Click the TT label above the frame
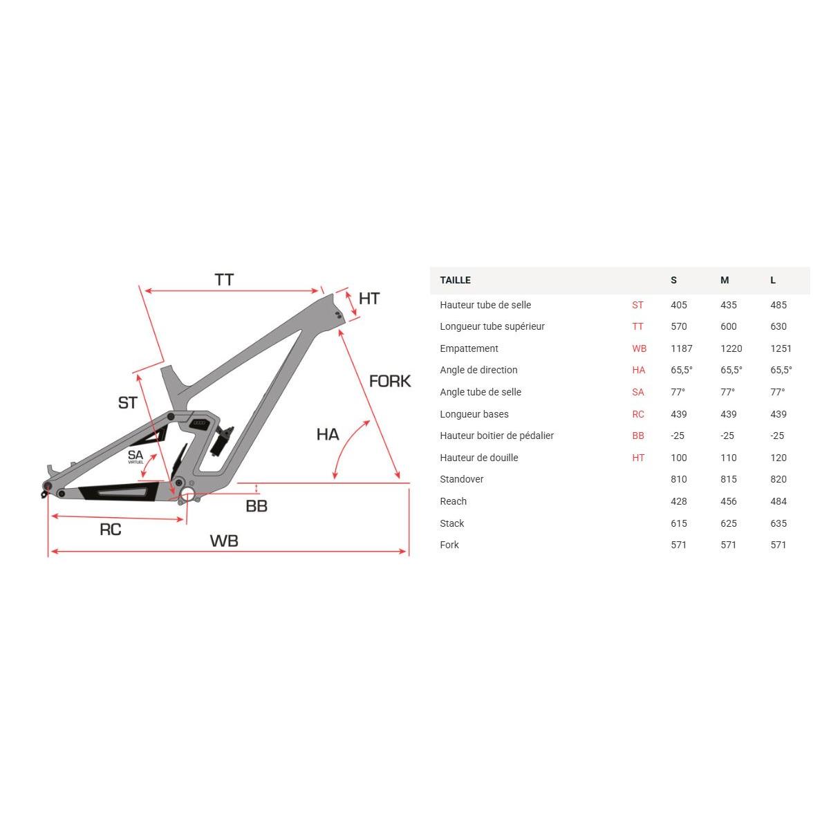pos(224,280)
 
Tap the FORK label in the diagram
pos(390,381)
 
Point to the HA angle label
pos(328,434)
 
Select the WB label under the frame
pos(224,541)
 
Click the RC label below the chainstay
pos(111,530)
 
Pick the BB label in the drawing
pos(256,506)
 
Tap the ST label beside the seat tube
pos(128,402)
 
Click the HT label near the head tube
pos(369,298)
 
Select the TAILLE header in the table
pos(455,280)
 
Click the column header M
pos(725,280)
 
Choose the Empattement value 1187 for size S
pos(681,348)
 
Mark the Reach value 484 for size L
pos(778,501)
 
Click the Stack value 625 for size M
pos(729,523)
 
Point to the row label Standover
pos(462,479)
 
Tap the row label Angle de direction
pos(478,370)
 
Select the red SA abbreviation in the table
pos(637,392)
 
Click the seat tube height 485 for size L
pos(778,305)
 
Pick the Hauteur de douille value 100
pos(679,458)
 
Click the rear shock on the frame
pos(220,440)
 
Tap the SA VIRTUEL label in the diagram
pos(136,456)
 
